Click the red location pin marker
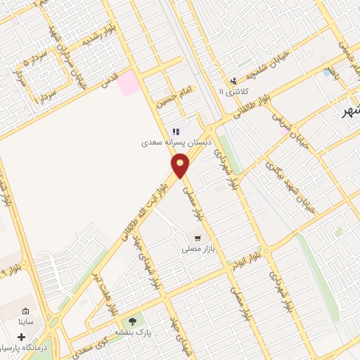click(x=181, y=165)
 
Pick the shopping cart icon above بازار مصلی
click(x=198, y=238)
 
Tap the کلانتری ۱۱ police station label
click(x=233, y=91)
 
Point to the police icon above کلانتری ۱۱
click(x=234, y=81)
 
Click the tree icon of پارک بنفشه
click(x=133, y=321)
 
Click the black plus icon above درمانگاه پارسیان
click(x=22, y=337)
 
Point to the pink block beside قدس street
click(x=129, y=84)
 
